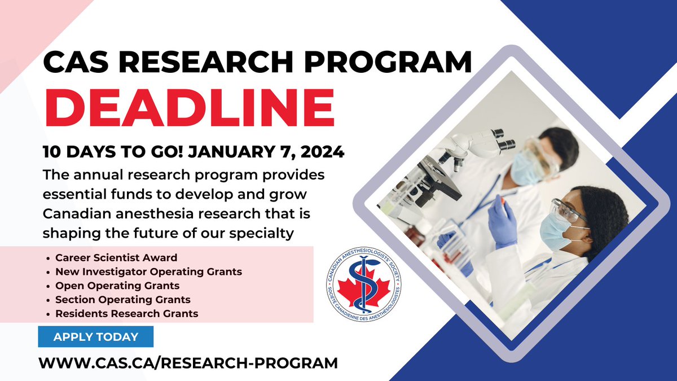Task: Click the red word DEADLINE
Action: click(x=189, y=108)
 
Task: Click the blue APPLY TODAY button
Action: click(x=96, y=337)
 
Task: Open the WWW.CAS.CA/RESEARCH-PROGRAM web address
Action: click(x=188, y=362)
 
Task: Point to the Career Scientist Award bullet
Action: click(x=116, y=258)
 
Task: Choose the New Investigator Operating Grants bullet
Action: click(x=148, y=271)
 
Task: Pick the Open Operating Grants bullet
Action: click(x=117, y=286)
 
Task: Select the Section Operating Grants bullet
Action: click(x=123, y=300)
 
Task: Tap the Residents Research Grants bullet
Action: click(x=127, y=313)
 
